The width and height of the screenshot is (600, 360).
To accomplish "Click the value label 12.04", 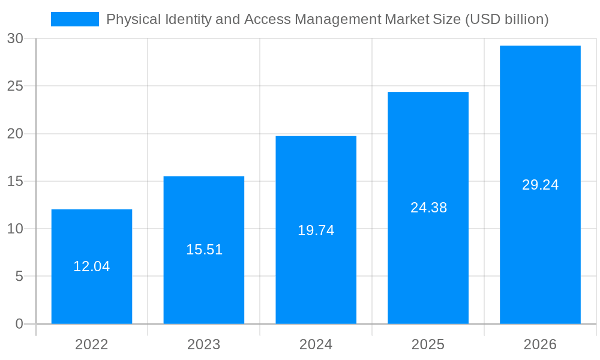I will pyautogui.click(x=92, y=266).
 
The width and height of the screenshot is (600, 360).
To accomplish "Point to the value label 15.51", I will pyautogui.click(x=204, y=250).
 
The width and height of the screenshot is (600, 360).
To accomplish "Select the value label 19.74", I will pyautogui.click(x=316, y=230).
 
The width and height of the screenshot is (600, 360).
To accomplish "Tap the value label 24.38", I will pyautogui.click(x=428, y=208).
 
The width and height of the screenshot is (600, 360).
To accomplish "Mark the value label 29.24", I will pyautogui.click(x=540, y=185).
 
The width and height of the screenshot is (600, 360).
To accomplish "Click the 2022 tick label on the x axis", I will pyautogui.click(x=92, y=344).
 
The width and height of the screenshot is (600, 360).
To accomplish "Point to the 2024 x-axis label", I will pyautogui.click(x=316, y=344).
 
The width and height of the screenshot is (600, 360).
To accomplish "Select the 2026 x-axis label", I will pyautogui.click(x=540, y=344).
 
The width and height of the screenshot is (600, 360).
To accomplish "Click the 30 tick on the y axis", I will pyautogui.click(x=15, y=38).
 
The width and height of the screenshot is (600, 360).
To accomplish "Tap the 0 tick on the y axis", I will pyautogui.click(x=19, y=324).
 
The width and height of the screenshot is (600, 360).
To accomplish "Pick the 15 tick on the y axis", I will pyautogui.click(x=15, y=181).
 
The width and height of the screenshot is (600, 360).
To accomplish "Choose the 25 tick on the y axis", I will pyautogui.click(x=15, y=86).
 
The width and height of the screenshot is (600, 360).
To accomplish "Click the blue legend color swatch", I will pyautogui.click(x=75, y=19).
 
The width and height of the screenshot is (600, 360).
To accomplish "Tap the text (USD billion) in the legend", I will pyautogui.click(x=507, y=19).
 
